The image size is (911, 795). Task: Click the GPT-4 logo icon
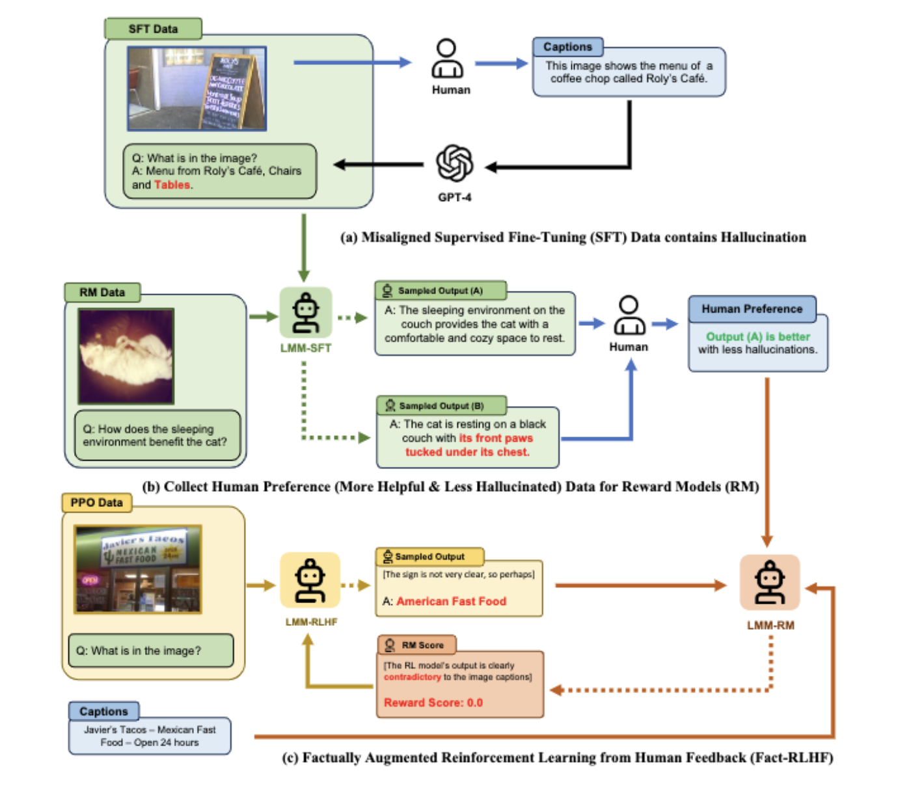454,163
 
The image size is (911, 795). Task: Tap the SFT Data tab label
153,29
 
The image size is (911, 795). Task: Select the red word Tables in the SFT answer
172,185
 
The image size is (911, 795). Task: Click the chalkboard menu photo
197,88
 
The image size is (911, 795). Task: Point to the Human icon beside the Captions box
448,59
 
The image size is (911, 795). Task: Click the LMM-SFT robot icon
306,313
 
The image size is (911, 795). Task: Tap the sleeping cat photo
126,356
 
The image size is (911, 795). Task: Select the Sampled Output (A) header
440,291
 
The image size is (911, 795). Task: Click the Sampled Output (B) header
441,406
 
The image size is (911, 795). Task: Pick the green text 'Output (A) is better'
758,336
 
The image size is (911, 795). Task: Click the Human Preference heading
752,309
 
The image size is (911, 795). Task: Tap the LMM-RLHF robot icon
310,580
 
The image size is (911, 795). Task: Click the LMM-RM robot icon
770,582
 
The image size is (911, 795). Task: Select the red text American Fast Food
451,601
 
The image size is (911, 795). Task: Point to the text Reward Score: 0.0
433,703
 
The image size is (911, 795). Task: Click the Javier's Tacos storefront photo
139,569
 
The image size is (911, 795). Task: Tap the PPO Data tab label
96,503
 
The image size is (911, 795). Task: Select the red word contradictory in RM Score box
412,677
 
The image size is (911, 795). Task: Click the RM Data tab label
102,292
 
